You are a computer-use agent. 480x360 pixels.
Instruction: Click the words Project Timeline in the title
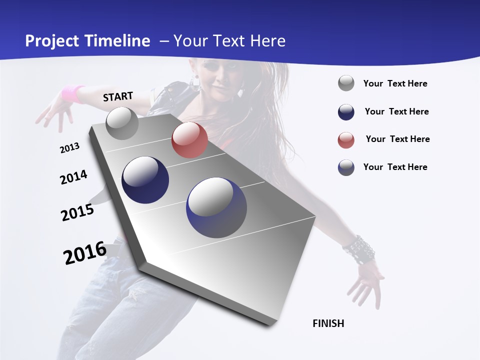coord(87,41)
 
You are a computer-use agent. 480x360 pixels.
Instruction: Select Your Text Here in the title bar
coord(229,41)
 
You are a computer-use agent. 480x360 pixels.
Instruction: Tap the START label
coord(118,96)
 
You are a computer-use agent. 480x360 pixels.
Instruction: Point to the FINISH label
coord(328,323)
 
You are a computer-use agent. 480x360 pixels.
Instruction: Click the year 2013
coord(69,148)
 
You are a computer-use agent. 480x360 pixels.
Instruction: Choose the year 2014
coord(73,177)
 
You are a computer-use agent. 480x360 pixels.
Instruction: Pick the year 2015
coord(77,212)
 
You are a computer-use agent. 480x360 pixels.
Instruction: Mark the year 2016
coord(85,253)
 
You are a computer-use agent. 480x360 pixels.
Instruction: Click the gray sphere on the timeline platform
coord(122,123)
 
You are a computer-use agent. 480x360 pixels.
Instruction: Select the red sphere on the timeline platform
coord(189,140)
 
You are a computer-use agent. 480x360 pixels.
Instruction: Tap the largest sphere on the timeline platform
coord(216,207)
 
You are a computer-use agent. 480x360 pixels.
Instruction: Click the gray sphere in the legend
coord(346,83)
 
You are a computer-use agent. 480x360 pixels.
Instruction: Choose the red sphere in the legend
coord(346,140)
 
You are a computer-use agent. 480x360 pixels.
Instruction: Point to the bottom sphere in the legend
coord(346,167)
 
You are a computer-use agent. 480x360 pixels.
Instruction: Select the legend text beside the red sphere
coord(397,139)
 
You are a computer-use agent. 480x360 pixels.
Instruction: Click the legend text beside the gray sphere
coord(395,83)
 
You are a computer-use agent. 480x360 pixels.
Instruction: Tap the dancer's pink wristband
coord(73,93)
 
